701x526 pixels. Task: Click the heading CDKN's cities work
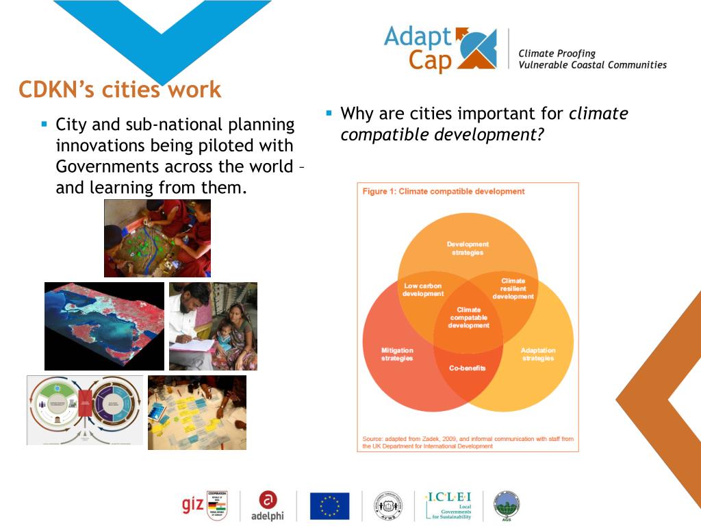(120, 90)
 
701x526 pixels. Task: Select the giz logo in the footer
(193, 505)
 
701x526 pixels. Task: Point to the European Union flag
(329, 505)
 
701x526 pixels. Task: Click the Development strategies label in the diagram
(468, 248)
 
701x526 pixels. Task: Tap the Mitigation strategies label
(397, 354)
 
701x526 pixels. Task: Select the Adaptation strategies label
(538, 354)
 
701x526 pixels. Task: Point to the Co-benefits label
(468, 368)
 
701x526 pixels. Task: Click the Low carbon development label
(423, 290)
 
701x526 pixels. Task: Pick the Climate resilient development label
(513, 288)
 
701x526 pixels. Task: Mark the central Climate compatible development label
(469, 318)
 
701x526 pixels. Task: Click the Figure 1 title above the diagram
(444, 192)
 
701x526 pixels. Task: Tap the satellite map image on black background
(104, 326)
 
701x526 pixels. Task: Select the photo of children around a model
(157, 238)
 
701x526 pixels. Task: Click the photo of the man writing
(213, 326)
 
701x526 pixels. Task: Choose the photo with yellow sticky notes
(197, 412)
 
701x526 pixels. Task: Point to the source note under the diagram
(468, 442)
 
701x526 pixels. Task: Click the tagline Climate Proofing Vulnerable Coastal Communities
(592, 59)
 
